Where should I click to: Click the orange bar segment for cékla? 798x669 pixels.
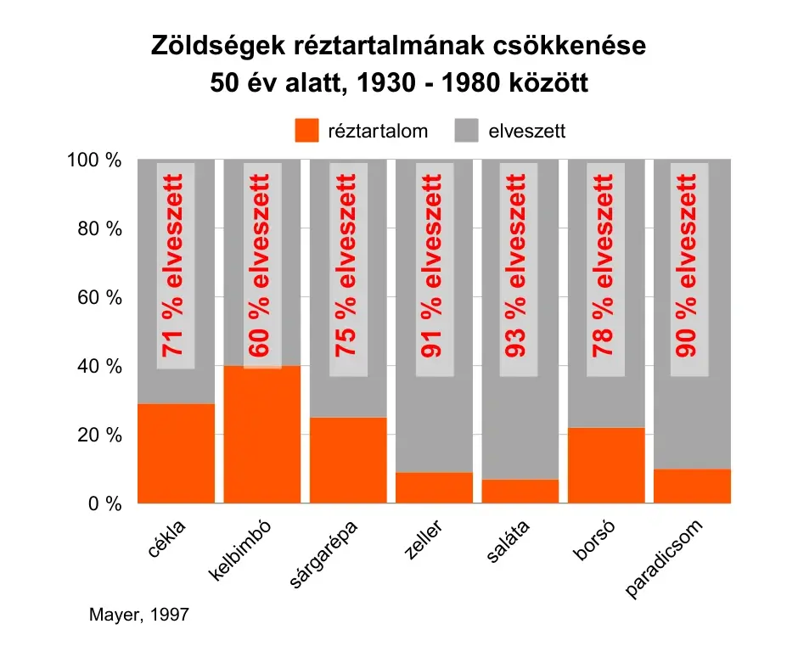click(x=176, y=453)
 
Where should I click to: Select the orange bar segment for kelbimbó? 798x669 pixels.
click(x=262, y=435)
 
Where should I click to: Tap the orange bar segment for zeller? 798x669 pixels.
click(x=434, y=488)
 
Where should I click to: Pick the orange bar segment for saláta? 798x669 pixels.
click(x=520, y=492)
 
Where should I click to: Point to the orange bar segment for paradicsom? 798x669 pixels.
click(x=692, y=486)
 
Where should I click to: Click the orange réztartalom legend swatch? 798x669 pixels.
click(x=306, y=132)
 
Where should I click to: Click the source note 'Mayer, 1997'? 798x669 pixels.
click(x=138, y=614)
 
